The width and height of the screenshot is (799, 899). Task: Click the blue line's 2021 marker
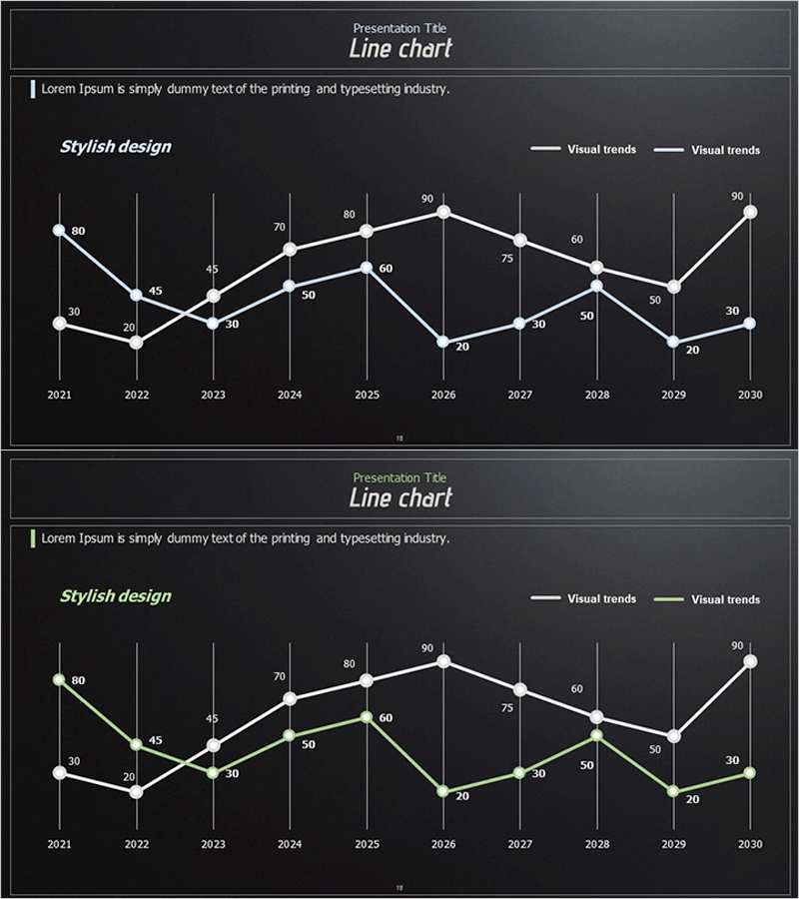pyautogui.click(x=59, y=231)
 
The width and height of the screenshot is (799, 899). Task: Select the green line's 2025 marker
pyautogui.click(x=367, y=717)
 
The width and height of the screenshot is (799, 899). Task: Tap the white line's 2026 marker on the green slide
pyautogui.click(x=443, y=661)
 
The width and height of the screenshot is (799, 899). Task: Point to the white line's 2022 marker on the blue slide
pyautogui.click(x=136, y=343)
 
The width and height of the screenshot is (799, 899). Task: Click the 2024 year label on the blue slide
pyautogui.click(x=290, y=395)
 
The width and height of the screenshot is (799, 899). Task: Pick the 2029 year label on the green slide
pyautogui.click(x=674, y=844)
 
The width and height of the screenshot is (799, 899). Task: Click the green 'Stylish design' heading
pyautogui.click(x=116, y=596)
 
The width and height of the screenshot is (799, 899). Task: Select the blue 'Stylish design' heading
pyautogui.click(x=116, y=147)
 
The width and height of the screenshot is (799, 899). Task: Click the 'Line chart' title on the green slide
pyautogui.click(x=400, y=497)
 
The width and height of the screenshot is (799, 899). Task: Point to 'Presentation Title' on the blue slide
pyautogui.click(x=400, y=29)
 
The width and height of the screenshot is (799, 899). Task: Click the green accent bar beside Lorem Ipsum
pyautogui.click(x=34, y=538)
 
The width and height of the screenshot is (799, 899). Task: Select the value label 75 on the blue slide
pyautogui.click(x=506, y=259)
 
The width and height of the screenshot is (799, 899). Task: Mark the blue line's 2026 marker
pyautogui.click(x=443, y=342)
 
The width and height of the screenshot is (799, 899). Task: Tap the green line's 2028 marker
pyautogui.click(x=597, y=736)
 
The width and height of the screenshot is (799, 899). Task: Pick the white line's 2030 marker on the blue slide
pyautogui.click(x=750, y=212)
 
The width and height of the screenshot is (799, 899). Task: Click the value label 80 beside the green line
pyautogui.click(x=78, y=681)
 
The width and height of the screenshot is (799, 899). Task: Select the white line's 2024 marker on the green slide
pyautogui.click(x=290, y=698)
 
